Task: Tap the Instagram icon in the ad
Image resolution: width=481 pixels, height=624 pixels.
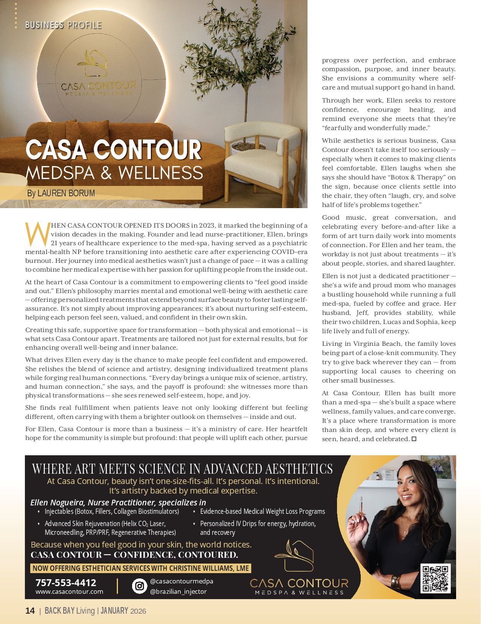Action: pos(140,586)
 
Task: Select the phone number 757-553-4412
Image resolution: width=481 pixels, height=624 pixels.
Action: pos(65,583)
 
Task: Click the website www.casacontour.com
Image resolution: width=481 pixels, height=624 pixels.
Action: pos(69,591)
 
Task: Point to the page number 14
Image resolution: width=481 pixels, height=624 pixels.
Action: pos(30,611)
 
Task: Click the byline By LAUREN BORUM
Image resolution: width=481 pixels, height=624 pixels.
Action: pos(61,193)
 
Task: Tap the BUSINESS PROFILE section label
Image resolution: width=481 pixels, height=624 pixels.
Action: pos(63,25)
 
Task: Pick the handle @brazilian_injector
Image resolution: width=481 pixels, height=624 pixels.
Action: pos(178,591)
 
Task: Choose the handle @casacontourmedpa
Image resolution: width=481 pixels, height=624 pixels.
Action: pos(182,581)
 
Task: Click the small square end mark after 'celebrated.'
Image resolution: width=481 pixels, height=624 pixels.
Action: pos(414,439)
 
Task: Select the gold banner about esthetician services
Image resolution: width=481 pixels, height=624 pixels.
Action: pos(140,568)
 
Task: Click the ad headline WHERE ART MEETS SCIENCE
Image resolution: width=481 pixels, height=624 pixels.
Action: pos(182,469)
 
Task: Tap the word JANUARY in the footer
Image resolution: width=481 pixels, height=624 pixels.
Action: pos(114,611)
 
